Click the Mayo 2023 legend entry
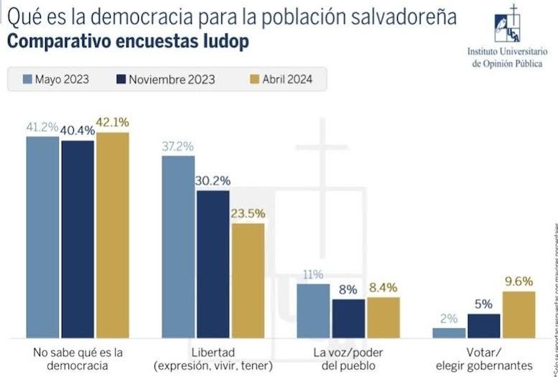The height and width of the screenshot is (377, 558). (x=57, y=79)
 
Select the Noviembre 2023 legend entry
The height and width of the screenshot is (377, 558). (x=164, y=79)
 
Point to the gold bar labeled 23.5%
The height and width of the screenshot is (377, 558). (x=248, y=280)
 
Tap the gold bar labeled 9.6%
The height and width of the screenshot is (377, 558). (x=519, y=314)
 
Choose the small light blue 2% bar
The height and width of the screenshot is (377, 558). (x=450, y=333)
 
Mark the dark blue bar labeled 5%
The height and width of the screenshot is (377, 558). (x=484, y=325)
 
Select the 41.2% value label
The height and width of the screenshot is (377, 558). (x=42, y=126)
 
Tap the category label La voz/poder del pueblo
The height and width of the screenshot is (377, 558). (x=349, y=358)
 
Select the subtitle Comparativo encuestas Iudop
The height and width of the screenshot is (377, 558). (x=128, y=41)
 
